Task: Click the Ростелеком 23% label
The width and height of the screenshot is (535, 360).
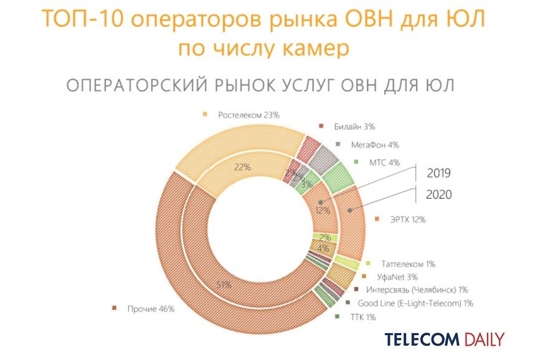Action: click(248, 115)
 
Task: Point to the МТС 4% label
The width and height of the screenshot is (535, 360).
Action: click(384, 162)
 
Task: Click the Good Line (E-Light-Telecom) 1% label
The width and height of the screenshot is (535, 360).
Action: click(415, 303)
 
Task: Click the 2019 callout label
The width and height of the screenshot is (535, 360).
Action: click(439, 173)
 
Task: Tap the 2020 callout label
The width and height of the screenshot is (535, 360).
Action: click(439, 195)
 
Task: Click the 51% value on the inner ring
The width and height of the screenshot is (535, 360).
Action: click(224, 285)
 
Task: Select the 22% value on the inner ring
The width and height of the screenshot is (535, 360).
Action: click(241, 167)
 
